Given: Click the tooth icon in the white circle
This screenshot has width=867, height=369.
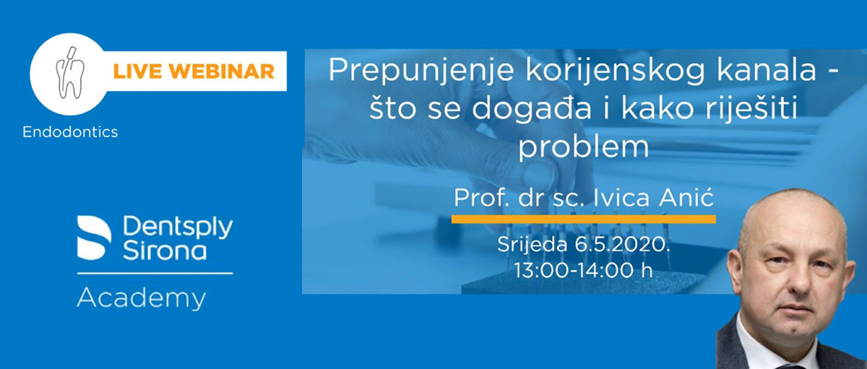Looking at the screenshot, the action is pyautogui.click(x=70, y=73).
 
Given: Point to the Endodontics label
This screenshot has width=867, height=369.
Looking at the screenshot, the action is pyautogui.click(x=70, y=132).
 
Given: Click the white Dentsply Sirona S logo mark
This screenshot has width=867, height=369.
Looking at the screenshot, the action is pyautogui.click(x=94, y=238).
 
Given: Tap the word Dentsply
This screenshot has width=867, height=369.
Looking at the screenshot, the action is pyautogui.click(x=178, y=227).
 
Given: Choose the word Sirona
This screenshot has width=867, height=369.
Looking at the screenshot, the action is pyautogui.click(x=165, y=251).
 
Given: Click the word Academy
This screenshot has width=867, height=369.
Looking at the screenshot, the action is pyautogui.click(x=142, y=298).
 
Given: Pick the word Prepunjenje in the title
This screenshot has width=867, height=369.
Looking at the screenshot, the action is pyautogui.click(x=421, y=70).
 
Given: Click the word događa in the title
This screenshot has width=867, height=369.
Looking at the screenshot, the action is pyautogui.click(x=532, y=109).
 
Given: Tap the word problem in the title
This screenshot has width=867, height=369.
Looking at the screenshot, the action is pyautogui.click(x=583, y=147).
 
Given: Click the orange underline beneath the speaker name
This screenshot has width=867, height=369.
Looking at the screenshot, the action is pyautogui.click(x=583, y=220).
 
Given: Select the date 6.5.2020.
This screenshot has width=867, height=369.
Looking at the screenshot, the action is pyautogui.click(x=622, y=244).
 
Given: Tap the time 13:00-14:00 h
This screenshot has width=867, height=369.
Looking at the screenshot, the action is pyautogui.click(x=583, y=269).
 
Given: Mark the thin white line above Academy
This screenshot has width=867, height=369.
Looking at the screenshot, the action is pyautogui.click(x=155, y=273).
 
